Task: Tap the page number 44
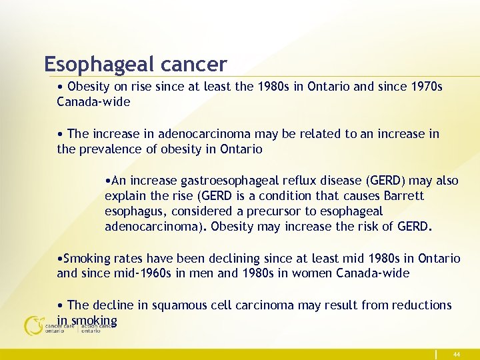point(456,355)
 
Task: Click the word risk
point(371,227)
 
